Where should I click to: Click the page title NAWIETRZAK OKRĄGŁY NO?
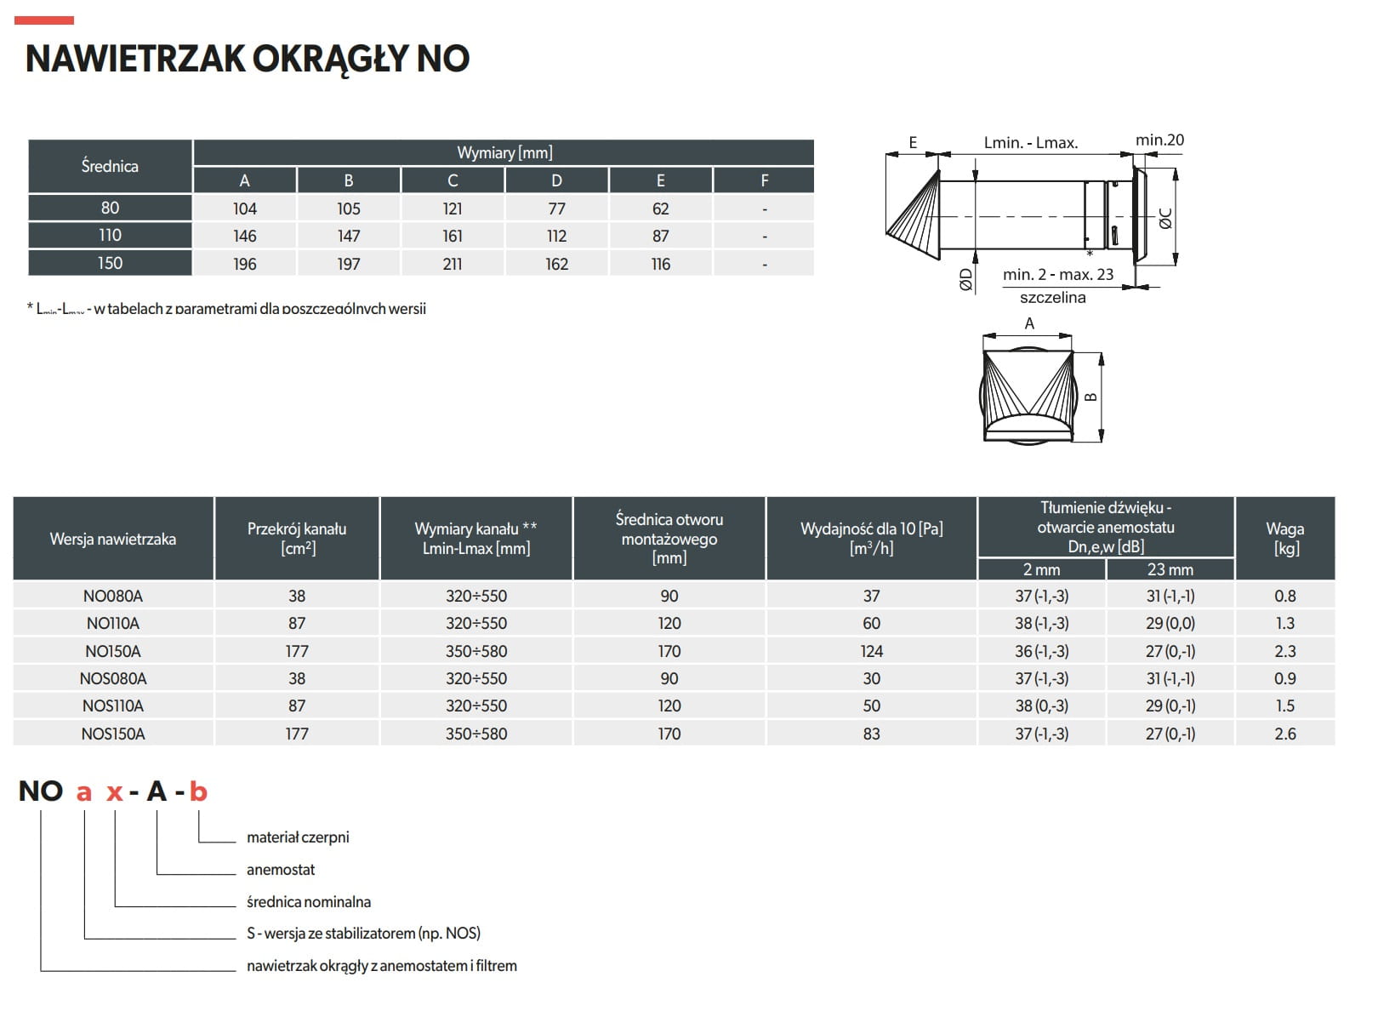pyautogui.click(x=248, y=59)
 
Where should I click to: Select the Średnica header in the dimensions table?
pyautogui.click(x=110, y=166)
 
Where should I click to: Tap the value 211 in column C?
pyautogui.click(x=453, y=264)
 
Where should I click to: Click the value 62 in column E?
pyautogui.click(x=660, y=208)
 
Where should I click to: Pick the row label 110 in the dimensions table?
pyautogui.click(x=110, y=236)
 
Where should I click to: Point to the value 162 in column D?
pyautogui.click(x=556, y=264)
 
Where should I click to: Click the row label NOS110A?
pyautogui.click(x=113, y=705)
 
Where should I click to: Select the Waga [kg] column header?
pyautogui.click(x=1284, y=538)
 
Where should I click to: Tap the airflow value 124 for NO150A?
pyautogui.click(x=871, y=651)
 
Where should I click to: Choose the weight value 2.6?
pyautogui.click(x=1284, y=734)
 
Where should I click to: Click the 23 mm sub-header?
pyautogui.click(x=1170, y=569)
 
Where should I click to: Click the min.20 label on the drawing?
pyautogui.click(x=1159, y=140)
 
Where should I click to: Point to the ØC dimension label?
pyautogui.click(x=1166, y=219)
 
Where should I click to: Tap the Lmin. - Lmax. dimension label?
pyautogui.click(x=1031, y=143)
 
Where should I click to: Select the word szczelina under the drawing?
pyautogui.click(x=1052, y=297)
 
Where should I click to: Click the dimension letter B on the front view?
pyautogui.click(x=1091, y=397)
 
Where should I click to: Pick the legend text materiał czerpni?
pyautogui.click(x=298, y=837)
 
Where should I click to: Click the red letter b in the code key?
pyautogui.click(x=198, y=791)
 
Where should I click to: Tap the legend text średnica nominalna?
pyautogui.click(x=309, y=901)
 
